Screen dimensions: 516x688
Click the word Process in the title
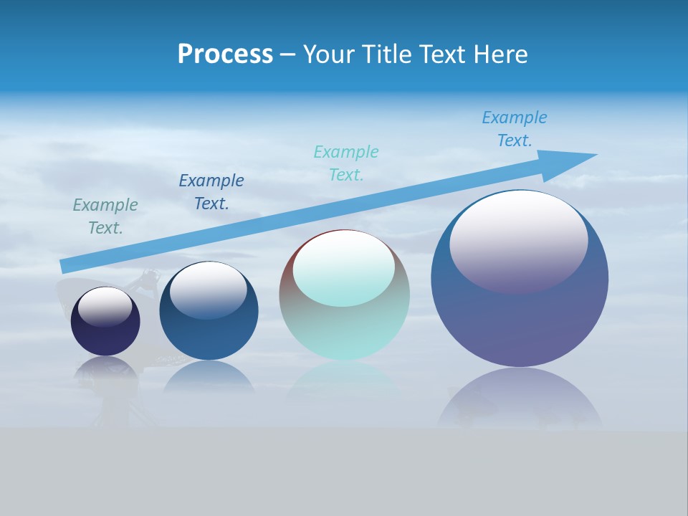(225, 54)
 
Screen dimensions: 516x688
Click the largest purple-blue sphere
(520, 322)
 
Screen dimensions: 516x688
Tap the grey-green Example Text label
(105, 216)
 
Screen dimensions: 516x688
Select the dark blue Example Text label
(211, 192)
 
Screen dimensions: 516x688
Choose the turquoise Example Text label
(346, 163)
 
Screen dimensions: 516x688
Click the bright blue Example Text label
(515, 128)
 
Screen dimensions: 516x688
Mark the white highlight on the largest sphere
(518, 240)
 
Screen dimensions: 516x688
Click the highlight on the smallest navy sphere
(105, 307)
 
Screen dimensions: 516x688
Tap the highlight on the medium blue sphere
(209, 290)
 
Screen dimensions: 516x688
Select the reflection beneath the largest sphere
(520, 401)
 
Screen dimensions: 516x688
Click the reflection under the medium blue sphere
(209, 378)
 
